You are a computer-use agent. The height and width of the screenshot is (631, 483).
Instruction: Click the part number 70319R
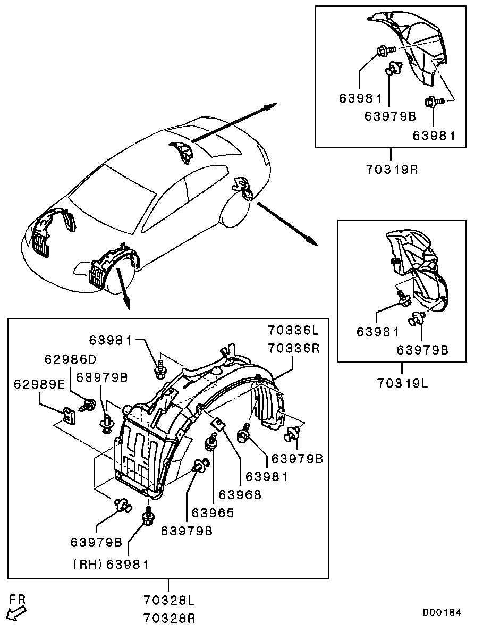(392, 170)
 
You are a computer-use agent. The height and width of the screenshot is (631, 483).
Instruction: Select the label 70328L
(169, 601)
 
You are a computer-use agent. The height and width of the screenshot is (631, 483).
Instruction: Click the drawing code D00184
(442, 612)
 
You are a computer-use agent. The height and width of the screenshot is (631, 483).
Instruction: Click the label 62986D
(71, 359)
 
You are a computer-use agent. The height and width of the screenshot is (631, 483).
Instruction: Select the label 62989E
(39, 384)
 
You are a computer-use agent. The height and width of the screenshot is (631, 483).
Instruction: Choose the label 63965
(213, 513)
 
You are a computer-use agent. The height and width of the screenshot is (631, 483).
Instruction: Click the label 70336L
(294, 331)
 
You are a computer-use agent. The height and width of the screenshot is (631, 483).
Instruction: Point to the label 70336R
(294, 348)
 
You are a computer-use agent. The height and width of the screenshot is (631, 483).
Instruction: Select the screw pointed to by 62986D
(89, 405)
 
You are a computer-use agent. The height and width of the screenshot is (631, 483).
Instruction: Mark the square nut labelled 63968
(218, 424)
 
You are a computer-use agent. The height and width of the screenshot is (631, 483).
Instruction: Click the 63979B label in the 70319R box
(390, 116)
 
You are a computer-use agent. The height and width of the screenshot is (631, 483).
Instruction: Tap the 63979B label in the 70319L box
(422, 350)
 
